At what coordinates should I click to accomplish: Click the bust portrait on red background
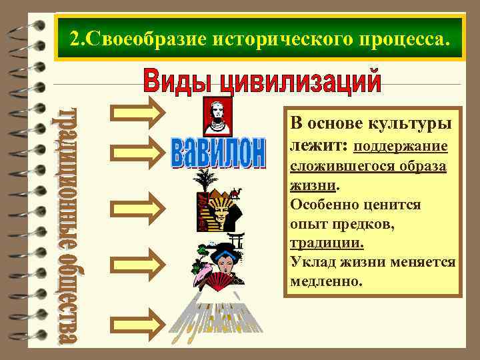[217, 117]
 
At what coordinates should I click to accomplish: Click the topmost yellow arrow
[136, 113]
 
